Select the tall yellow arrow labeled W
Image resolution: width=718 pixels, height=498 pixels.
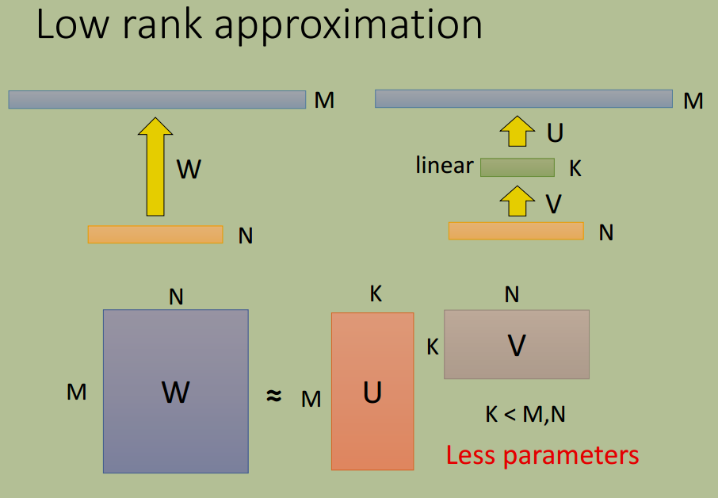pos(155,167)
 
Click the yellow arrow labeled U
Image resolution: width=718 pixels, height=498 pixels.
pos(517,131)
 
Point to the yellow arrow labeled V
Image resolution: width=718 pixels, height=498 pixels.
pos(517,201)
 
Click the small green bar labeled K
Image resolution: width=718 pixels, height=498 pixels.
pos(517,167)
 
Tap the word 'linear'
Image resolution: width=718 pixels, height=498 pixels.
pos(444,165)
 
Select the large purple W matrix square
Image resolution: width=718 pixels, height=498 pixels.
pos(176,391)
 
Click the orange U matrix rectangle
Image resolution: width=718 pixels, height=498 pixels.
pos(372,391)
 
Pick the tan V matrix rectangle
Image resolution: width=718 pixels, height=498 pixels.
pos(517,344)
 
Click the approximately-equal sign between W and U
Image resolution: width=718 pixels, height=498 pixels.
pos(274,395)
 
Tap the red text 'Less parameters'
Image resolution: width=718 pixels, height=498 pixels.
pos(543,455)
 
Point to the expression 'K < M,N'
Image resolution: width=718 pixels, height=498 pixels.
pos(525,414)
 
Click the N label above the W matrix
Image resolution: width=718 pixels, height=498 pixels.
pos(176,297)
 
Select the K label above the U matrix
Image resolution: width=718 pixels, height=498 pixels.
pos(376,293)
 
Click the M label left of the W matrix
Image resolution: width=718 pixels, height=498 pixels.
pos(76,393)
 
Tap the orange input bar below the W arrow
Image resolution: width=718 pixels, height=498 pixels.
pos(155,235)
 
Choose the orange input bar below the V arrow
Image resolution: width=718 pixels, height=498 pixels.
pos(516,231)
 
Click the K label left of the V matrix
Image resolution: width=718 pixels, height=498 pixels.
pos(433,347)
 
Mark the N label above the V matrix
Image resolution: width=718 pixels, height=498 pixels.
pos(512,294)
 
